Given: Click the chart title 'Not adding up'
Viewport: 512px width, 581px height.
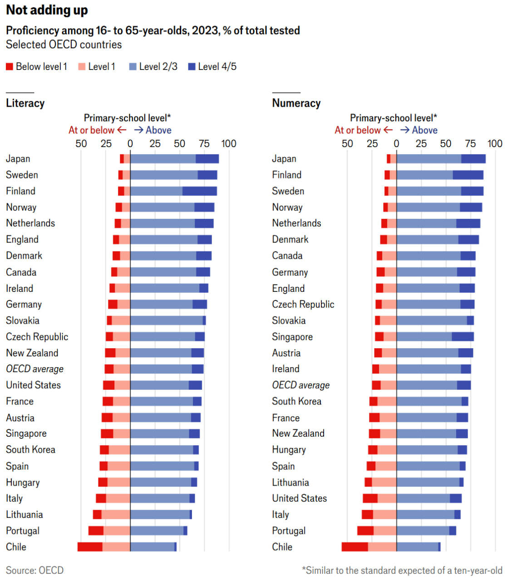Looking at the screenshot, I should [47, 10].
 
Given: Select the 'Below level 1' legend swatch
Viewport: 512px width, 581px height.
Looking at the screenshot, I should [10, 67].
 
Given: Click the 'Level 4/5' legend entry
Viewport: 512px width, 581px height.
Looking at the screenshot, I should [212, 67].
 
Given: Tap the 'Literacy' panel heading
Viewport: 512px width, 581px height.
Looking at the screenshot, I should [25, 103].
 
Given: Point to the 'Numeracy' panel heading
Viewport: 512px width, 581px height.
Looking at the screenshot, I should [296, 103].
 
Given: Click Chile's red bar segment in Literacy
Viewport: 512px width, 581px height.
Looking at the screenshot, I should [90, 547].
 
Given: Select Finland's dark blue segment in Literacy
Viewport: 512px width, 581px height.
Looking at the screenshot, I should [200, 191].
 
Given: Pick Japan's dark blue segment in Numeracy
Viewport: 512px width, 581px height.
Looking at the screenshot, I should [473, 159].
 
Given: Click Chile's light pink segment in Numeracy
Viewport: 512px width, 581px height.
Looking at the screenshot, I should [382, 547].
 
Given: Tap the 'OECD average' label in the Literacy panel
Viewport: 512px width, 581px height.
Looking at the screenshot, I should [34, 369].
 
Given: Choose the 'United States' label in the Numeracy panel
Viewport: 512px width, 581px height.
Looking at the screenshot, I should [300, 498].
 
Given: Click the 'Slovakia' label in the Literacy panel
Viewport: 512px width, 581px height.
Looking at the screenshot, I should [23, 320].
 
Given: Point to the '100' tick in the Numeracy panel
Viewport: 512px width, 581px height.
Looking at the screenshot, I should [495, 143].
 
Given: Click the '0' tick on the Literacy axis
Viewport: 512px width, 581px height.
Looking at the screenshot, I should [130, 143].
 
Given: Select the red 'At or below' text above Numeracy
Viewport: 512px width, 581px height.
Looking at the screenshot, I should [358, 130].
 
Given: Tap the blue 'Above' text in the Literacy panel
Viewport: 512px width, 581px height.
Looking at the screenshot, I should [158, 130].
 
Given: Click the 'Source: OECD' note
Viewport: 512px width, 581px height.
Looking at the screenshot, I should [34, 570].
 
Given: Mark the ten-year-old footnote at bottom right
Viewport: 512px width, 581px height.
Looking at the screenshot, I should [402, 571].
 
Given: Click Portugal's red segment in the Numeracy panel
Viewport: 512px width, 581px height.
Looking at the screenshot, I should [365, 531].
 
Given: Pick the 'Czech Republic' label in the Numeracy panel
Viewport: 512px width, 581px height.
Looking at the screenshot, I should [303, 305].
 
